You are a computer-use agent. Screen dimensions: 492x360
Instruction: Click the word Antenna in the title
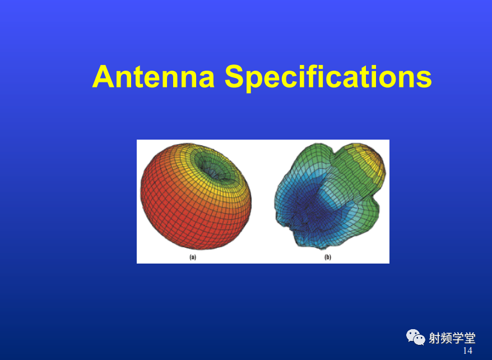pos(154,77)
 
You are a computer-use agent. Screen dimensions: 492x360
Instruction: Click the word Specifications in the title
pos(328,78)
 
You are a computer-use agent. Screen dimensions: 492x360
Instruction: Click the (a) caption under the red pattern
pos(193,257)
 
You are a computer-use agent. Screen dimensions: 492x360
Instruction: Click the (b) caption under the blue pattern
pos(328,257)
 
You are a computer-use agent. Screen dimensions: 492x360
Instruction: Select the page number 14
pos(467,350)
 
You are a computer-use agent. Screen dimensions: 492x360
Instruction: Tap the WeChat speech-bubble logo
pos(415,337)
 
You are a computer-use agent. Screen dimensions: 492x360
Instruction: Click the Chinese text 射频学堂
pos(452,338)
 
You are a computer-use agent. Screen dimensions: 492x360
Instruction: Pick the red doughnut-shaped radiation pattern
pos(196,197)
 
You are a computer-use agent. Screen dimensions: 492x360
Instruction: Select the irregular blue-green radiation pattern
pos(329,196)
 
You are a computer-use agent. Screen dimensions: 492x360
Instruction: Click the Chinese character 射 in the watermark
pos(435,338)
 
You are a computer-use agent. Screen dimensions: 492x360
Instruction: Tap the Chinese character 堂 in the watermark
pos(470,338)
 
